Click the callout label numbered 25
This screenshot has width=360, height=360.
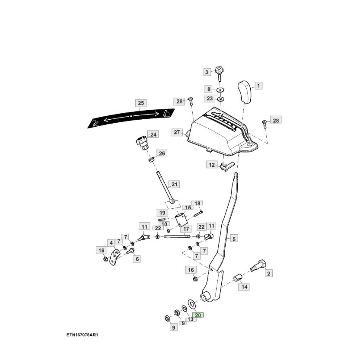point(141,103)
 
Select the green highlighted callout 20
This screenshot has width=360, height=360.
point(198,315)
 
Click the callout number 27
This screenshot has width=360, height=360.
point(177,133)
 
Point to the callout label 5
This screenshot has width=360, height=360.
point(234,239)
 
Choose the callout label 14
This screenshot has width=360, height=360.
point(245,287)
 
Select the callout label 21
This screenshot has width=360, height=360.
point(174,185)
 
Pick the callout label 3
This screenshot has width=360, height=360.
point(207,72)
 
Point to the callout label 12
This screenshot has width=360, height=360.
point(212,165)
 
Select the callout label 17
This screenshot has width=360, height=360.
point(185,229)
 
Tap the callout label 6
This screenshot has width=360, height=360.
point(137,259)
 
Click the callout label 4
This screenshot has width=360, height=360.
point(111,243)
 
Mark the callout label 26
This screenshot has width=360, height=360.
point(162,153)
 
